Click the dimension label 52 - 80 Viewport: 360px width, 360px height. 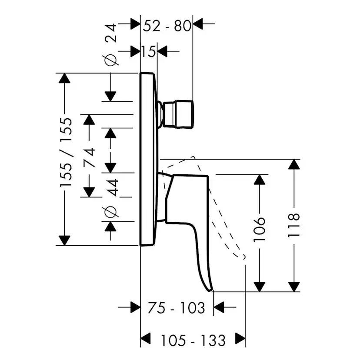tap(167, 26)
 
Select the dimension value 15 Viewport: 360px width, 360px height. tap(148, 52)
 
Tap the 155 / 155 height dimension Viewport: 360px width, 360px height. tap(66, 152)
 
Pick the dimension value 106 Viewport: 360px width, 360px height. tap(259, 226)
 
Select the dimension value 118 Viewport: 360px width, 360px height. tap(294, 224)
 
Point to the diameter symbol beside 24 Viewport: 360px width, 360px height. tap(111, 60)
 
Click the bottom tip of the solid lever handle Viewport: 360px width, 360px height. tap(210, 288)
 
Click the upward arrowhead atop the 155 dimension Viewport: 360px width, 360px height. tap(64, 79)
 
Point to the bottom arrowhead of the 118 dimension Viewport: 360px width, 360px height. tap(294, 286)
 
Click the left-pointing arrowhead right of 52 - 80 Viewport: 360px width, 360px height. tap(198, 24)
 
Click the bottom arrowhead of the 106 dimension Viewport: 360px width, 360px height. tap(260, 286)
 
